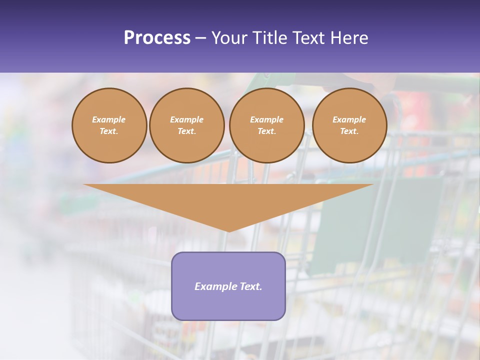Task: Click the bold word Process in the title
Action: point(157,38)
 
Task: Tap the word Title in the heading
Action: point(272,38)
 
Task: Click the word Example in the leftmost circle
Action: point(109,119)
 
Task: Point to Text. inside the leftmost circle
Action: point(109,131)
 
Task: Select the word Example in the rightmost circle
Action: point(349,119)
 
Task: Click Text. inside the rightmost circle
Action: point(349,131)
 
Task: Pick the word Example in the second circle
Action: point(187,119)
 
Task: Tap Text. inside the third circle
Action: point(267,131)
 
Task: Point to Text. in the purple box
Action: point(251,286)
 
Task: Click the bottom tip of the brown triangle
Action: point(228,230)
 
